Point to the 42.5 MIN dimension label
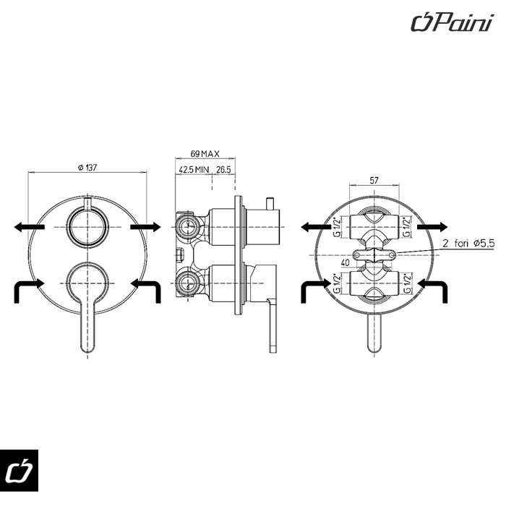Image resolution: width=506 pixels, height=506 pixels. point(193,170)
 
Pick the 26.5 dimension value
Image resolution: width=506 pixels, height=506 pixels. point(223,170)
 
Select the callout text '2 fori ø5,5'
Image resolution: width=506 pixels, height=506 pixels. point(468,244)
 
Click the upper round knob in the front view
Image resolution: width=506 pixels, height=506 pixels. point(87,226)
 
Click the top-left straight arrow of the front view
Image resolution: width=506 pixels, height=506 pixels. point(28,227)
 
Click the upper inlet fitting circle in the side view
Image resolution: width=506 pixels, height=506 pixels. point(187,226)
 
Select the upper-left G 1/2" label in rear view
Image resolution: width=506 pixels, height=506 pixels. point(337,227)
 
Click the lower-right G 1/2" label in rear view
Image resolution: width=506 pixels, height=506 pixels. point(408,283)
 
